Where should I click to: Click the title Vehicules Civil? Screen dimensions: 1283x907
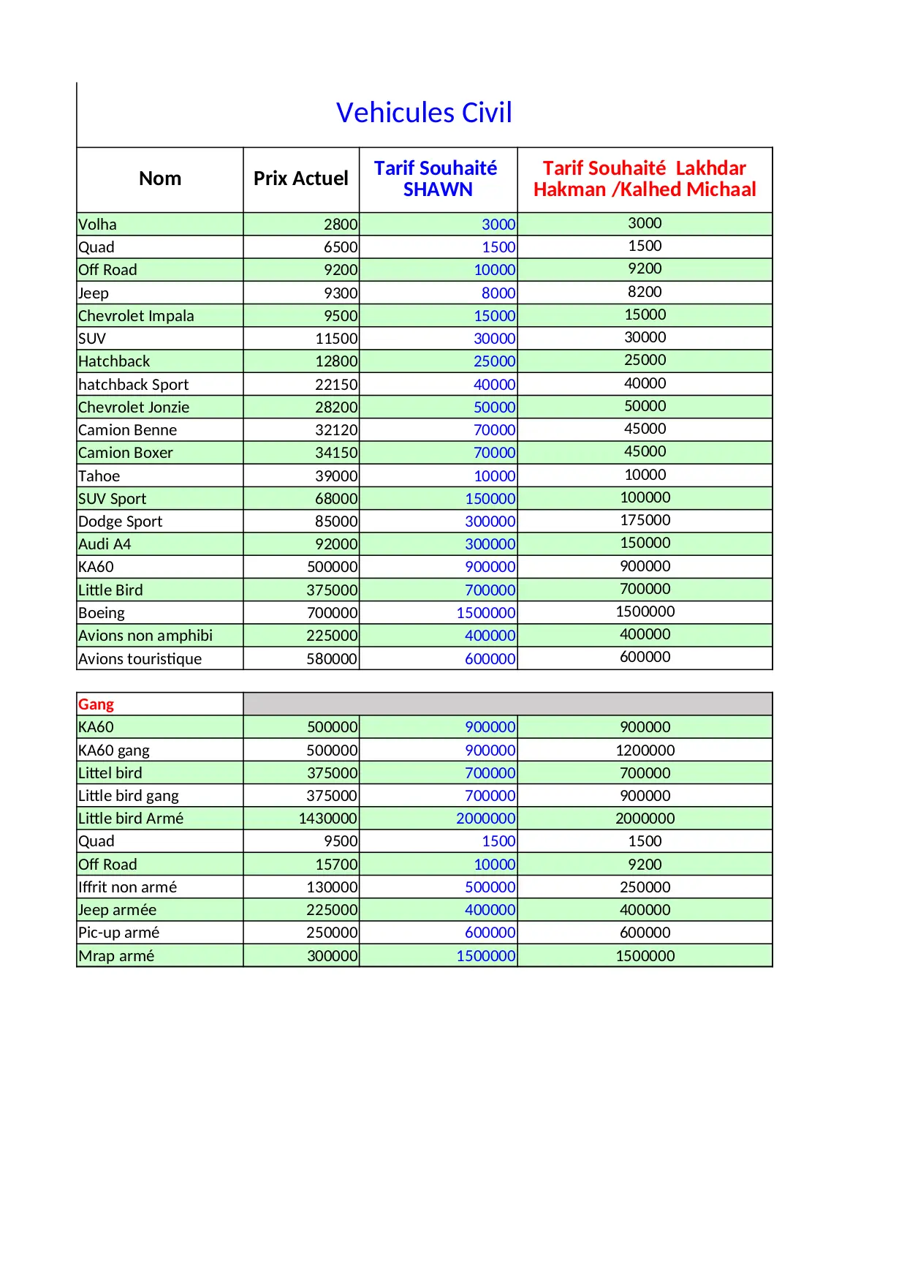[x=424, y=113]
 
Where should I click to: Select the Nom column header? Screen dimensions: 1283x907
[x=160, y=178]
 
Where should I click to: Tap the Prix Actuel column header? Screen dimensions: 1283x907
[x=300, y=178]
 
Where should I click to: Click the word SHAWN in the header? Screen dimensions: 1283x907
[x=438, y=189]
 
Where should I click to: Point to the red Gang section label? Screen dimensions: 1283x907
[x=96, y=704]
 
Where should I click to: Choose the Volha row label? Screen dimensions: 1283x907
[x=97, y=225]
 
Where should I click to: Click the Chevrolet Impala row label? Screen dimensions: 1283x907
[x=136, y=316]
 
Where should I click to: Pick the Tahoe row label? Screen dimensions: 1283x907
[x=99, y=476]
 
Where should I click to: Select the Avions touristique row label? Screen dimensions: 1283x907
[x=140, y=658]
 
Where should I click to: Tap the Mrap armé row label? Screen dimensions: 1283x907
[x=116, y=955]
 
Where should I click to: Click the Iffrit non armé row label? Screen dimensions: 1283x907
[x=127, y=887]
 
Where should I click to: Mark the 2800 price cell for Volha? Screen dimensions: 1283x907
[x=341, y=225]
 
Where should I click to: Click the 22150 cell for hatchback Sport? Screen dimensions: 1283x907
[x=336, y=385]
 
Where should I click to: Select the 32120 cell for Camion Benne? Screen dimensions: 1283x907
[x=336, y=430]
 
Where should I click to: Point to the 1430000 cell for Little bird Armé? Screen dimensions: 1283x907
[x=328, y=819]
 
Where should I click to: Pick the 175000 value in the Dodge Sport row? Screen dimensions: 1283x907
[x=645, y=520]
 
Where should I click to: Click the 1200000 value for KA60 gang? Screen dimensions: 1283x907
[x=645, y=750]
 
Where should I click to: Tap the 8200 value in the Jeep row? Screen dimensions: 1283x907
[x=645, y=292]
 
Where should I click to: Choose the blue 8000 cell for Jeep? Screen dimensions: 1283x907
[x=498, y=293]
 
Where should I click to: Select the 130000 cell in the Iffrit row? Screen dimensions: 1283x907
[x=332, y=887]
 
